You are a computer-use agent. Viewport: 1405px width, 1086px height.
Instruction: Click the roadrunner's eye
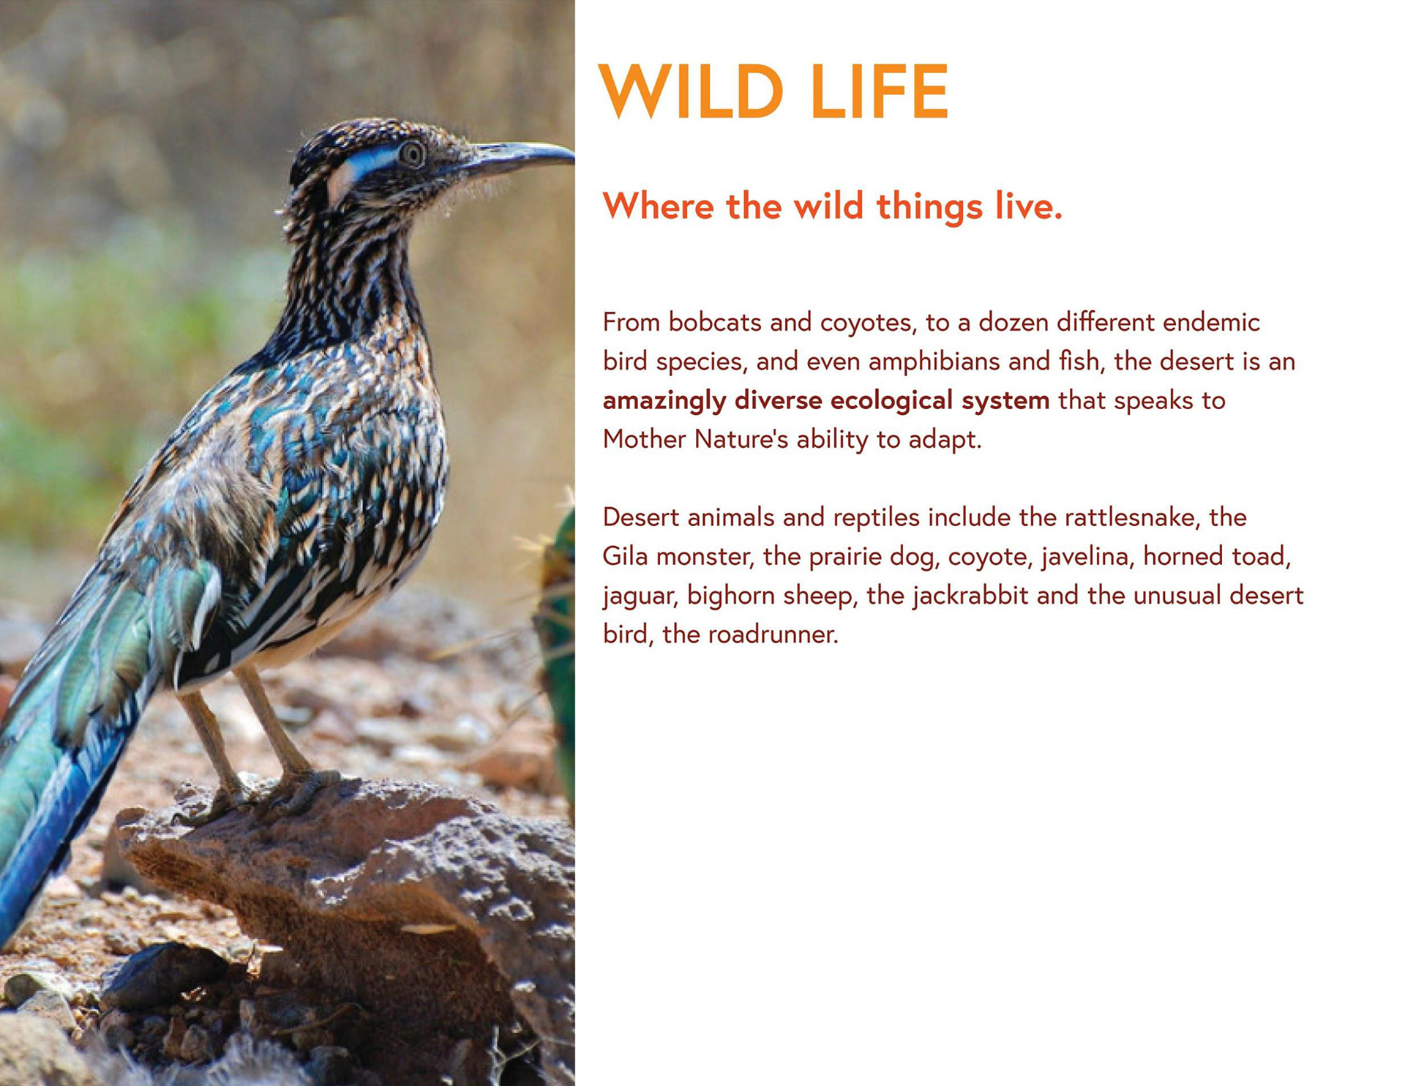[411, 153]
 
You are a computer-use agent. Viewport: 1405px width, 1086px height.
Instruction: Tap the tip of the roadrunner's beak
[572, 155]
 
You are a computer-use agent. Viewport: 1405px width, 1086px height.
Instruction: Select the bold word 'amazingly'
[664, 401]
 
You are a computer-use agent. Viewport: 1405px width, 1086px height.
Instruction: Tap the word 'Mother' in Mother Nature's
[644, 439]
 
